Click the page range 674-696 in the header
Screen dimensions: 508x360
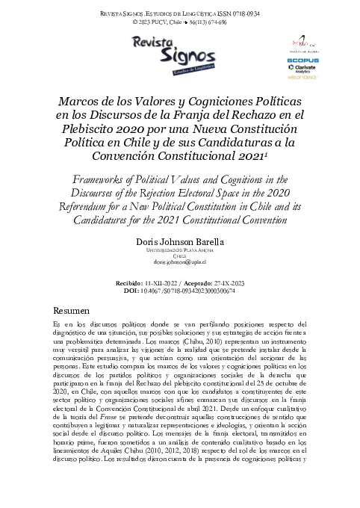point(213,22)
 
